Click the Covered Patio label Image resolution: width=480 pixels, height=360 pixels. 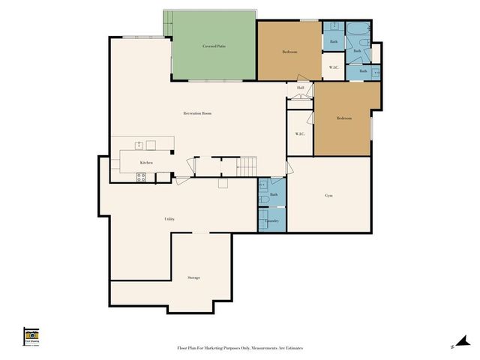[214, 46]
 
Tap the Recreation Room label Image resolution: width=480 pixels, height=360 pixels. [197, 113]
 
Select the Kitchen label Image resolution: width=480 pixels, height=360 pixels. [146, 163]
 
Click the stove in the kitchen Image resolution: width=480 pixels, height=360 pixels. [140, 177]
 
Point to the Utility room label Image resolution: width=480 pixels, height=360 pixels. [169, 219]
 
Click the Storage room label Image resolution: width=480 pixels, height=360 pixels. [193, 277]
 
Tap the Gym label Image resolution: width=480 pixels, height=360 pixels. [328, 195]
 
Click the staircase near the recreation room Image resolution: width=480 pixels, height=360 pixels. [247, 166]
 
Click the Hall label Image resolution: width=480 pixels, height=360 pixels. [300, 88]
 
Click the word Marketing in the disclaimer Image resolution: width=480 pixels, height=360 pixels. [221, 348]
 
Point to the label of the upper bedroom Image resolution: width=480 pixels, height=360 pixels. [289, 52]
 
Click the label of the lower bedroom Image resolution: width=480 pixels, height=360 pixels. [343, 118]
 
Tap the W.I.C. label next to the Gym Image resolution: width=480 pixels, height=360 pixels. [299, 134]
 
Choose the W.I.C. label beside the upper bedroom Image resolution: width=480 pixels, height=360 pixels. [334, 67]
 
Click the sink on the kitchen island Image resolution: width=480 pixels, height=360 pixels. [139, 144]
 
